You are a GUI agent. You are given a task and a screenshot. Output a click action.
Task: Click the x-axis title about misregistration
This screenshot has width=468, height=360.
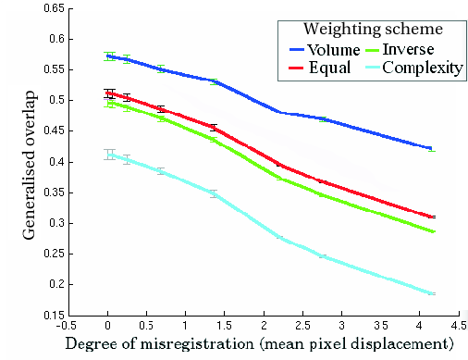coord(259,344)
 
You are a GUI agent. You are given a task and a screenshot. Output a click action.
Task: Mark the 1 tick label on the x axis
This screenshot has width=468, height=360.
coord(186,326)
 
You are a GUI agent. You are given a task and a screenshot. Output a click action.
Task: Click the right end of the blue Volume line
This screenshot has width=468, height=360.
coord(432,148)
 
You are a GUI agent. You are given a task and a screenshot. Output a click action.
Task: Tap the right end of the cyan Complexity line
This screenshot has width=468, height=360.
coord(432,293)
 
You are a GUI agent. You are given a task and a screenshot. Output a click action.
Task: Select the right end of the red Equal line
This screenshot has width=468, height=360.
coord(432,217)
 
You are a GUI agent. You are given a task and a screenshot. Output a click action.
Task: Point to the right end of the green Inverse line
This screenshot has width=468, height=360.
coord(432,231)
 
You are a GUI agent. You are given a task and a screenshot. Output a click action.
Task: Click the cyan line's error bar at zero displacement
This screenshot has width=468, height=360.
coord(109,155)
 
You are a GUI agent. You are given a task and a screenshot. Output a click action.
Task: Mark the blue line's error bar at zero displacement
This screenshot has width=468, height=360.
coord(109,56)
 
